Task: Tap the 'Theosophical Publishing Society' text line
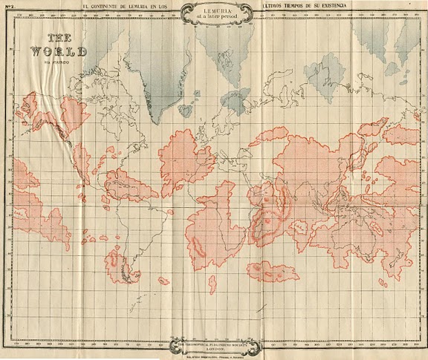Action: point(214,344)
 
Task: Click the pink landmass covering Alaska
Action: point(33,111)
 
